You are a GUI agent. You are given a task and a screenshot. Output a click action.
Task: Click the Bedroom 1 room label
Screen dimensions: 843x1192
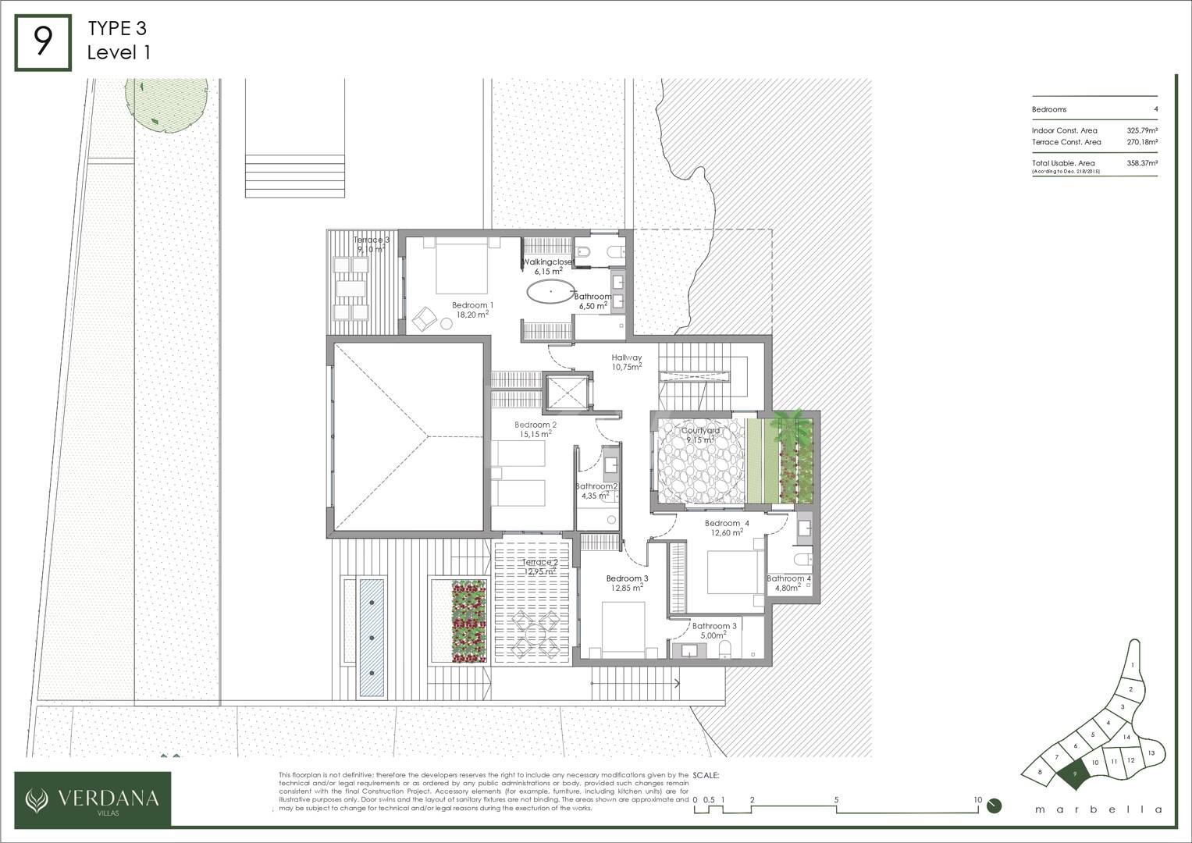point(472,305)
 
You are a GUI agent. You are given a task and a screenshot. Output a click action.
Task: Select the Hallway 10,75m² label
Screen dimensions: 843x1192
point(627,357)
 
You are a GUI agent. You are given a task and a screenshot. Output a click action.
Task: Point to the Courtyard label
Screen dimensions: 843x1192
point(700,430)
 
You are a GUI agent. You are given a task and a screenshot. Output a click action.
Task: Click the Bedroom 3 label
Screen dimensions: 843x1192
point(628,578)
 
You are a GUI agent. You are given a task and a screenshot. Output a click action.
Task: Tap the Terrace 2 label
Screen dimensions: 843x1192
point(540,562)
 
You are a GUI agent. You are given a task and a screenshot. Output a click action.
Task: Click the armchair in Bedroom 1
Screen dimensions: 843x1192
point(425,317)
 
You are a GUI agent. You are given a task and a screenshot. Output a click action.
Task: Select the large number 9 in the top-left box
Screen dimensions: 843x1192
point(43,42)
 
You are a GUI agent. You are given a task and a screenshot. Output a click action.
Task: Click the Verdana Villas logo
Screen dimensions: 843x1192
point(93,799)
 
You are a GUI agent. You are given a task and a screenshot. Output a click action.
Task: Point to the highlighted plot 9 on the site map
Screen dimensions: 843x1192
point(1076,774)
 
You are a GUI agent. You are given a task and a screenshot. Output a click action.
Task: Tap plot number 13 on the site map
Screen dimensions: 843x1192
point(1151,753)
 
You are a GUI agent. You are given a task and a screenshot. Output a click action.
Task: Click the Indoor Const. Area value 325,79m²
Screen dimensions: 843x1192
point(1141,130)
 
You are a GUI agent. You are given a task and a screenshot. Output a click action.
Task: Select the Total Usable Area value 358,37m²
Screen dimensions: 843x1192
point(1141,163)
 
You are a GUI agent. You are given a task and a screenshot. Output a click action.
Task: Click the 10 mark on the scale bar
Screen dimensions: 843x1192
point(977,800)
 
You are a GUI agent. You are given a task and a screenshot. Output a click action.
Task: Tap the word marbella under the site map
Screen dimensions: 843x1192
point(1098,809)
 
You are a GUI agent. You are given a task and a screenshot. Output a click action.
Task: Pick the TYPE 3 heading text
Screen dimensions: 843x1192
point(117,29)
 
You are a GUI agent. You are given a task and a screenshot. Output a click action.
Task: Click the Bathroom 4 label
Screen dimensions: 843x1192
point(788,578)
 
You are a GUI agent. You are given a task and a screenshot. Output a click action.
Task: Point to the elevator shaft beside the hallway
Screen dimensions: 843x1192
point(565,392)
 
